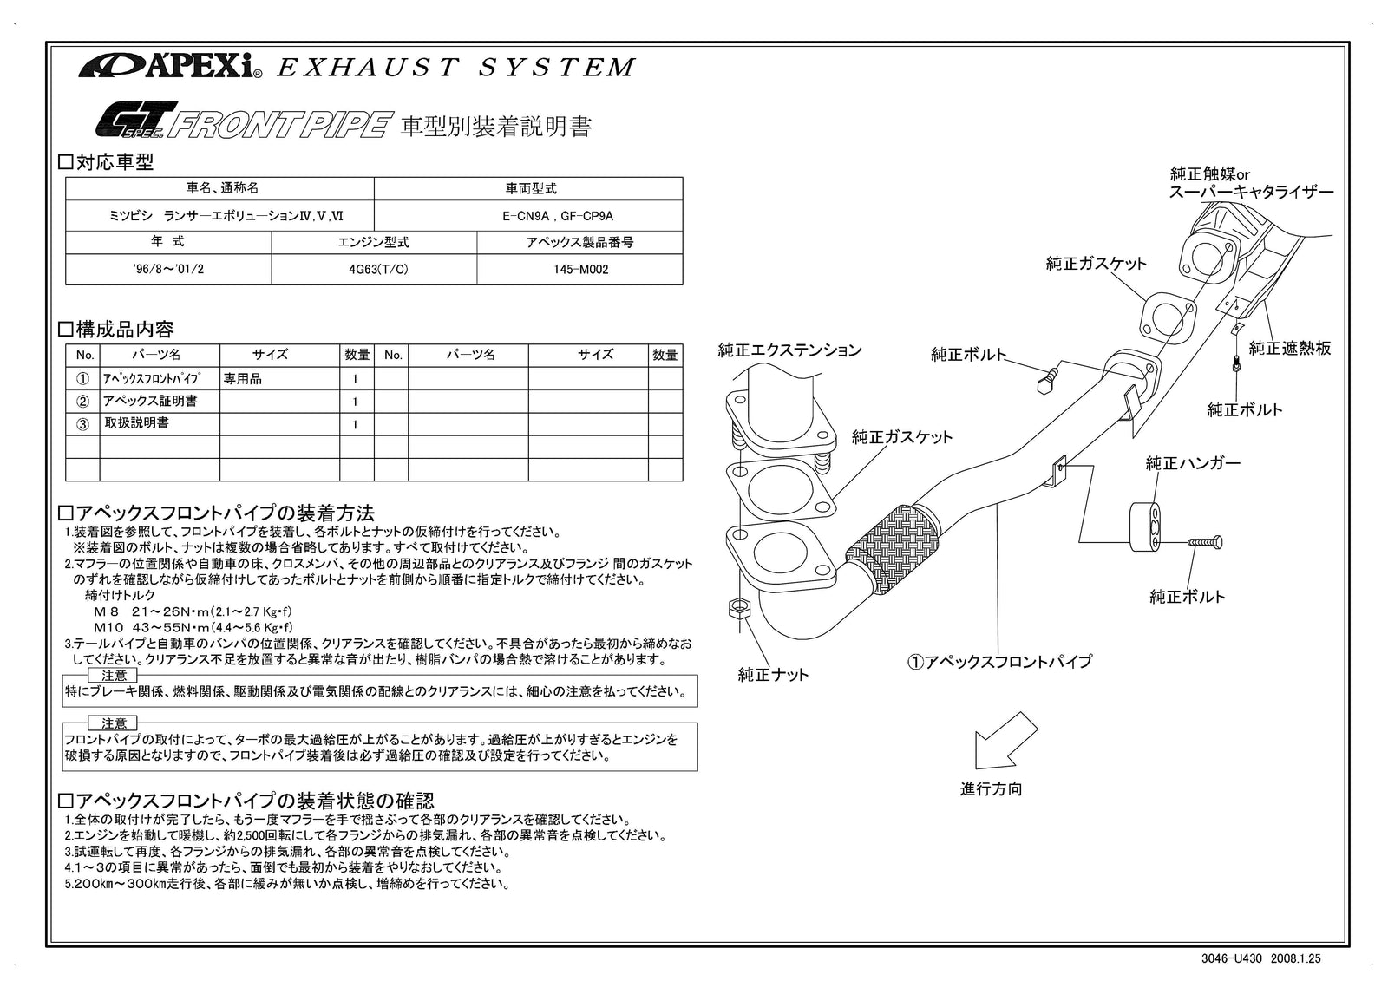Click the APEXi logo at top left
(x=170, y=66)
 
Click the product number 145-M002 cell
(x=580, y=270)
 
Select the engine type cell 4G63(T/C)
(x=374, y=270)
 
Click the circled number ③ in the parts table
(x=83, y=424)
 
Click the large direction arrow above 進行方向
(x=1004, y=741)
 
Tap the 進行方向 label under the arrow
(x=991, y=789)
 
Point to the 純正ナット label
(x=773, y=675)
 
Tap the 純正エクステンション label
(x=789, y=350)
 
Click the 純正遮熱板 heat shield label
(x=1289, y=349)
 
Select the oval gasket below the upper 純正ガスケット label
(x=1164, y=317)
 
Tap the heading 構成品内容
(x=124, y=330)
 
